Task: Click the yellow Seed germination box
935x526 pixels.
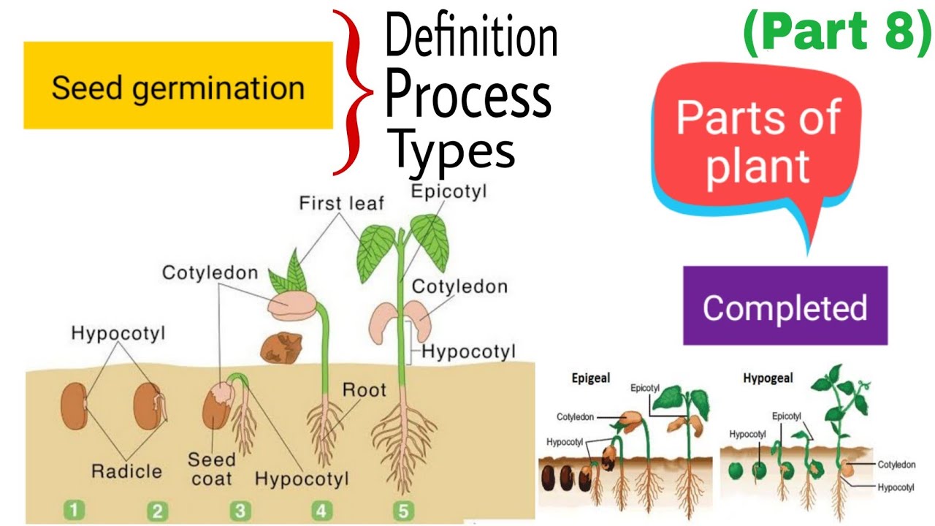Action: [x=178, y=86]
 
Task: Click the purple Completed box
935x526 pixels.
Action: [x=785, y=306]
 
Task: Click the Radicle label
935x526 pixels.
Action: [x=126, y=470]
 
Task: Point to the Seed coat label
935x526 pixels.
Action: [x=212, y=469]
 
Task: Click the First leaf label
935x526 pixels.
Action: [x=341, y=203]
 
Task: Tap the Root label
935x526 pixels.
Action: [x=363, y=389]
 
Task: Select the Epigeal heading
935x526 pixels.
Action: [x=590, y=378]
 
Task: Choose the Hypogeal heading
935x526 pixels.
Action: [x=768, y=378]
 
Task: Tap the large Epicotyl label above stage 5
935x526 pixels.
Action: [x=449, y=191]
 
